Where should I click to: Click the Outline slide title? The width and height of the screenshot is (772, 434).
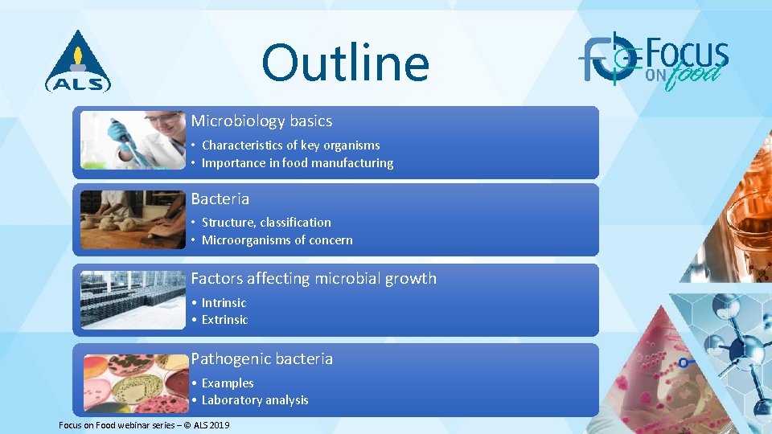345,64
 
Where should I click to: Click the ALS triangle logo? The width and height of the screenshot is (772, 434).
78,62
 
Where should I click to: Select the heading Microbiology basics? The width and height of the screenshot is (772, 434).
261,121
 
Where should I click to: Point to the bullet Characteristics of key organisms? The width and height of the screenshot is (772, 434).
290,145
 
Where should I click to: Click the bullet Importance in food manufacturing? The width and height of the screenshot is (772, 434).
297,163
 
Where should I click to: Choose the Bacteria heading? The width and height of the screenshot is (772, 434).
220,199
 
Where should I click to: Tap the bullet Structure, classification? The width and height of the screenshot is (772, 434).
265,223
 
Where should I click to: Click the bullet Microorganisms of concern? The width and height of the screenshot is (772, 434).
277,240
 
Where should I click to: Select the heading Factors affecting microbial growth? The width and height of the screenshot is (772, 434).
314,279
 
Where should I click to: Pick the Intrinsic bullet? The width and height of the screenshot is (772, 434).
224,303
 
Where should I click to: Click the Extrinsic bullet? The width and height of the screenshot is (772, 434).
224,320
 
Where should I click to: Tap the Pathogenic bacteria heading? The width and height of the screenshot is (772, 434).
261,359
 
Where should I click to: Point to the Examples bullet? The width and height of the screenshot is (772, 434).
227,383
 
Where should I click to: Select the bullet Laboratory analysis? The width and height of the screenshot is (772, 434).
254,400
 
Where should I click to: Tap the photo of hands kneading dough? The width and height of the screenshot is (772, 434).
133,219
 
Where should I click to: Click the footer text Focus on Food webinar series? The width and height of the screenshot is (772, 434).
144,424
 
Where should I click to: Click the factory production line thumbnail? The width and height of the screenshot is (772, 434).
133,300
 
